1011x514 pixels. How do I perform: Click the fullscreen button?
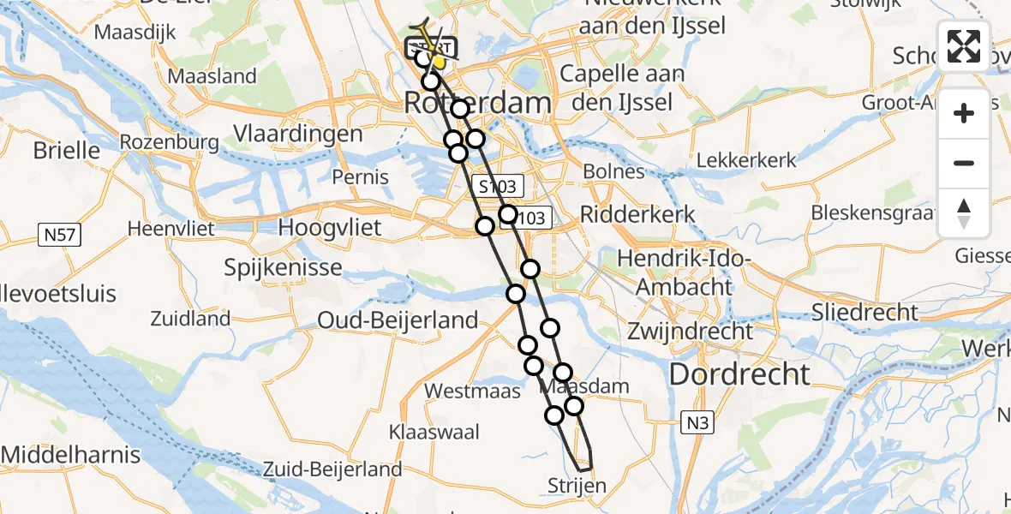tap(964, 46)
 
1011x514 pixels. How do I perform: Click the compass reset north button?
tap(964, 213)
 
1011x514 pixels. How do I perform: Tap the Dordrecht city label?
tap(739, 374)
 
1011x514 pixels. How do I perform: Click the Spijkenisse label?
tap(283, 268)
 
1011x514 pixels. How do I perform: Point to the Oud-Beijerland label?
tap(398, 320)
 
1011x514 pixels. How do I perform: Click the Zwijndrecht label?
tap(690, 331)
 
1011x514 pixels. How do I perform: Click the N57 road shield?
tap(63, 232)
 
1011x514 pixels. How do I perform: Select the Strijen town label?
tap(577, 487)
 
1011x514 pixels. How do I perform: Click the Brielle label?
tap(66, 151)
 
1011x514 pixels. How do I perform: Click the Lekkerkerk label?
tap(746, 160)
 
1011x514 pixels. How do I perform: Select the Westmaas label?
tap(472, 391)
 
